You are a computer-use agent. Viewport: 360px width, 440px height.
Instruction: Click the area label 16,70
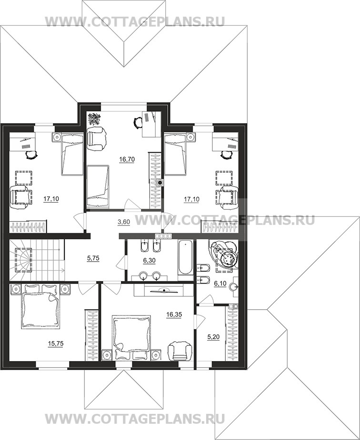point(127,159)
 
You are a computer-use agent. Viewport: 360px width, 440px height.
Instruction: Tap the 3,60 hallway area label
point(123,222)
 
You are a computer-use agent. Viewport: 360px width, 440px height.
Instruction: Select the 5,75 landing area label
point(93,258)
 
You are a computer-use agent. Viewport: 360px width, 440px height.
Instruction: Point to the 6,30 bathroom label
point(149,261)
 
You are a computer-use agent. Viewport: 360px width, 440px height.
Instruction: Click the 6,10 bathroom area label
point(220,284)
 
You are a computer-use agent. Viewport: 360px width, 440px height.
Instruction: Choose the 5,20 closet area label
point(213,337)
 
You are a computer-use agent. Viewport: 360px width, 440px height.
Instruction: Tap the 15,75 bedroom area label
point(56,343)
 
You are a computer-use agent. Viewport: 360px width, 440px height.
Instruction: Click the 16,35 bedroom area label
point(174,314)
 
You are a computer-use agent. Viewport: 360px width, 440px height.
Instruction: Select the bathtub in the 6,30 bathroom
point(186,257)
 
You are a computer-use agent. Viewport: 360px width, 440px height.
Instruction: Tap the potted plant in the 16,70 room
point(95,119)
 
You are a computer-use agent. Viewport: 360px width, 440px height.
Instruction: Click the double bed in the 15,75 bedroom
point(40,306)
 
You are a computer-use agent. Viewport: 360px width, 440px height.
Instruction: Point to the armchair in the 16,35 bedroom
point(180,350)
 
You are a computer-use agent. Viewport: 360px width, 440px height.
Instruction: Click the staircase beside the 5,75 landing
point(37,260)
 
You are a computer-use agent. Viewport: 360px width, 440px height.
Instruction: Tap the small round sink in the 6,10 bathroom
point(234,287)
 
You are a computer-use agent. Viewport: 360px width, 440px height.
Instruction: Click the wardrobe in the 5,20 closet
point(232,333)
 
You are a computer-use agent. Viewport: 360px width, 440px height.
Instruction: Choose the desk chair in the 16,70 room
point(138,122)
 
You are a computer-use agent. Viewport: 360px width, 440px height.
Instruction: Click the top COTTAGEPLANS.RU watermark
point(135,21)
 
